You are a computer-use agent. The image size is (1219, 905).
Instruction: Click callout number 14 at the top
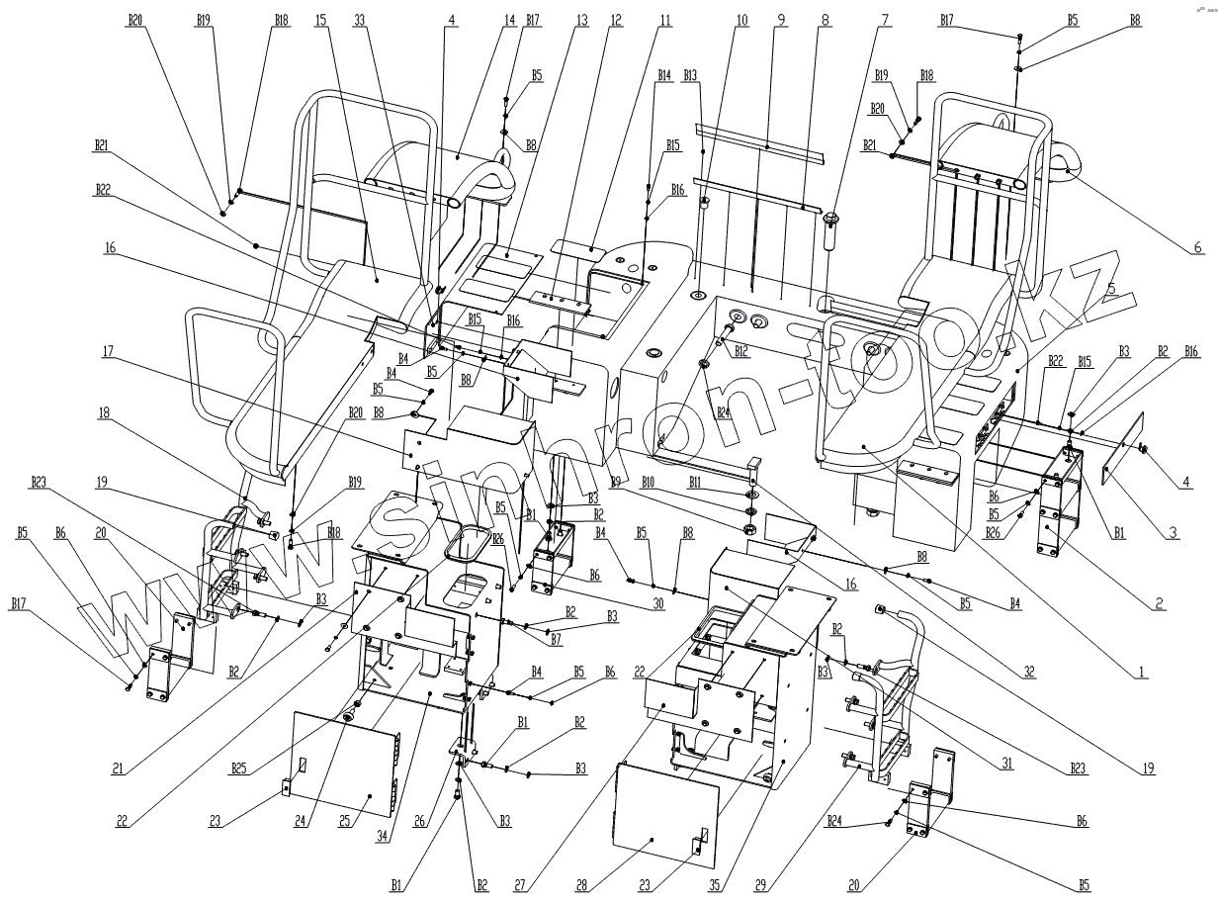coord(510,20)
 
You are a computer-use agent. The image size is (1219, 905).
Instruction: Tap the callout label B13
coord(690,75)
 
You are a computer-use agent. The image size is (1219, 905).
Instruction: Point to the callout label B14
coord(664,75)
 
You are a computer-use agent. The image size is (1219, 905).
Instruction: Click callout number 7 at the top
coord(885,20)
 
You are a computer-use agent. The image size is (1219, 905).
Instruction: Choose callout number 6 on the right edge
coord(1197,248)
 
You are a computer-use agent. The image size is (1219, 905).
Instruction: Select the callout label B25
coord(238,768)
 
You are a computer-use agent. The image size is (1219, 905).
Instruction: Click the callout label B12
coord(740,352)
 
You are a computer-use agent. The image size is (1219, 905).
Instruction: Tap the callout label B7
coord(557,641)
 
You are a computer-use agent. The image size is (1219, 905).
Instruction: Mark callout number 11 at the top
coord(664,20)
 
